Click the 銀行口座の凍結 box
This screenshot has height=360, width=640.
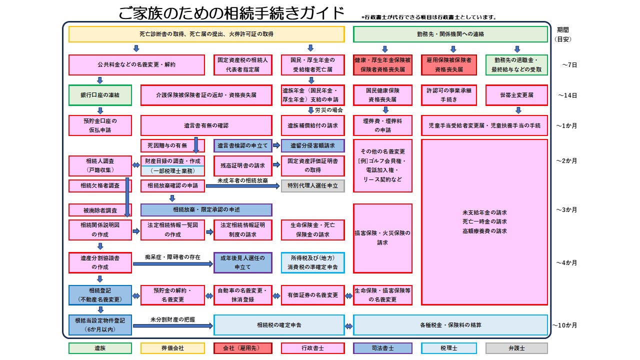[x=100, y=95]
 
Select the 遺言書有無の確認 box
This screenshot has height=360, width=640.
[x=206, y=125]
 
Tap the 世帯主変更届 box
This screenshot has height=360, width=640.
[x=516, y=95]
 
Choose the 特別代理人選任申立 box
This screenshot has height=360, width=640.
[x=312, y=185]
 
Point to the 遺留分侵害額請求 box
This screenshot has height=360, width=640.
[x=312, y=145]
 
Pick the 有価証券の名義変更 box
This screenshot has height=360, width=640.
[x=312, y=295]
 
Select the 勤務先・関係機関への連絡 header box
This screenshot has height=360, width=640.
[x=450, y=34]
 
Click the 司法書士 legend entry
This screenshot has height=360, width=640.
[x=382, y=348]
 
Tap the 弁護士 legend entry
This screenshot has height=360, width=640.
[x=516, y=348]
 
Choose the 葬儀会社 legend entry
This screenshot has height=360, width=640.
[x=172, y=348]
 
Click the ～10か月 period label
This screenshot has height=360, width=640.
[x=565, y=325]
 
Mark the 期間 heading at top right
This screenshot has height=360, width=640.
[x=563, y=29]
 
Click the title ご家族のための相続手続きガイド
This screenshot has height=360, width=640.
[x=231, y=13]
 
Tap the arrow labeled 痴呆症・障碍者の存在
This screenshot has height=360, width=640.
[x=172, y=263]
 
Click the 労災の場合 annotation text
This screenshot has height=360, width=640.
[x=328, y=110]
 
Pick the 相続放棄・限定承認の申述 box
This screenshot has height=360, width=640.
[x=206, y=209]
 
